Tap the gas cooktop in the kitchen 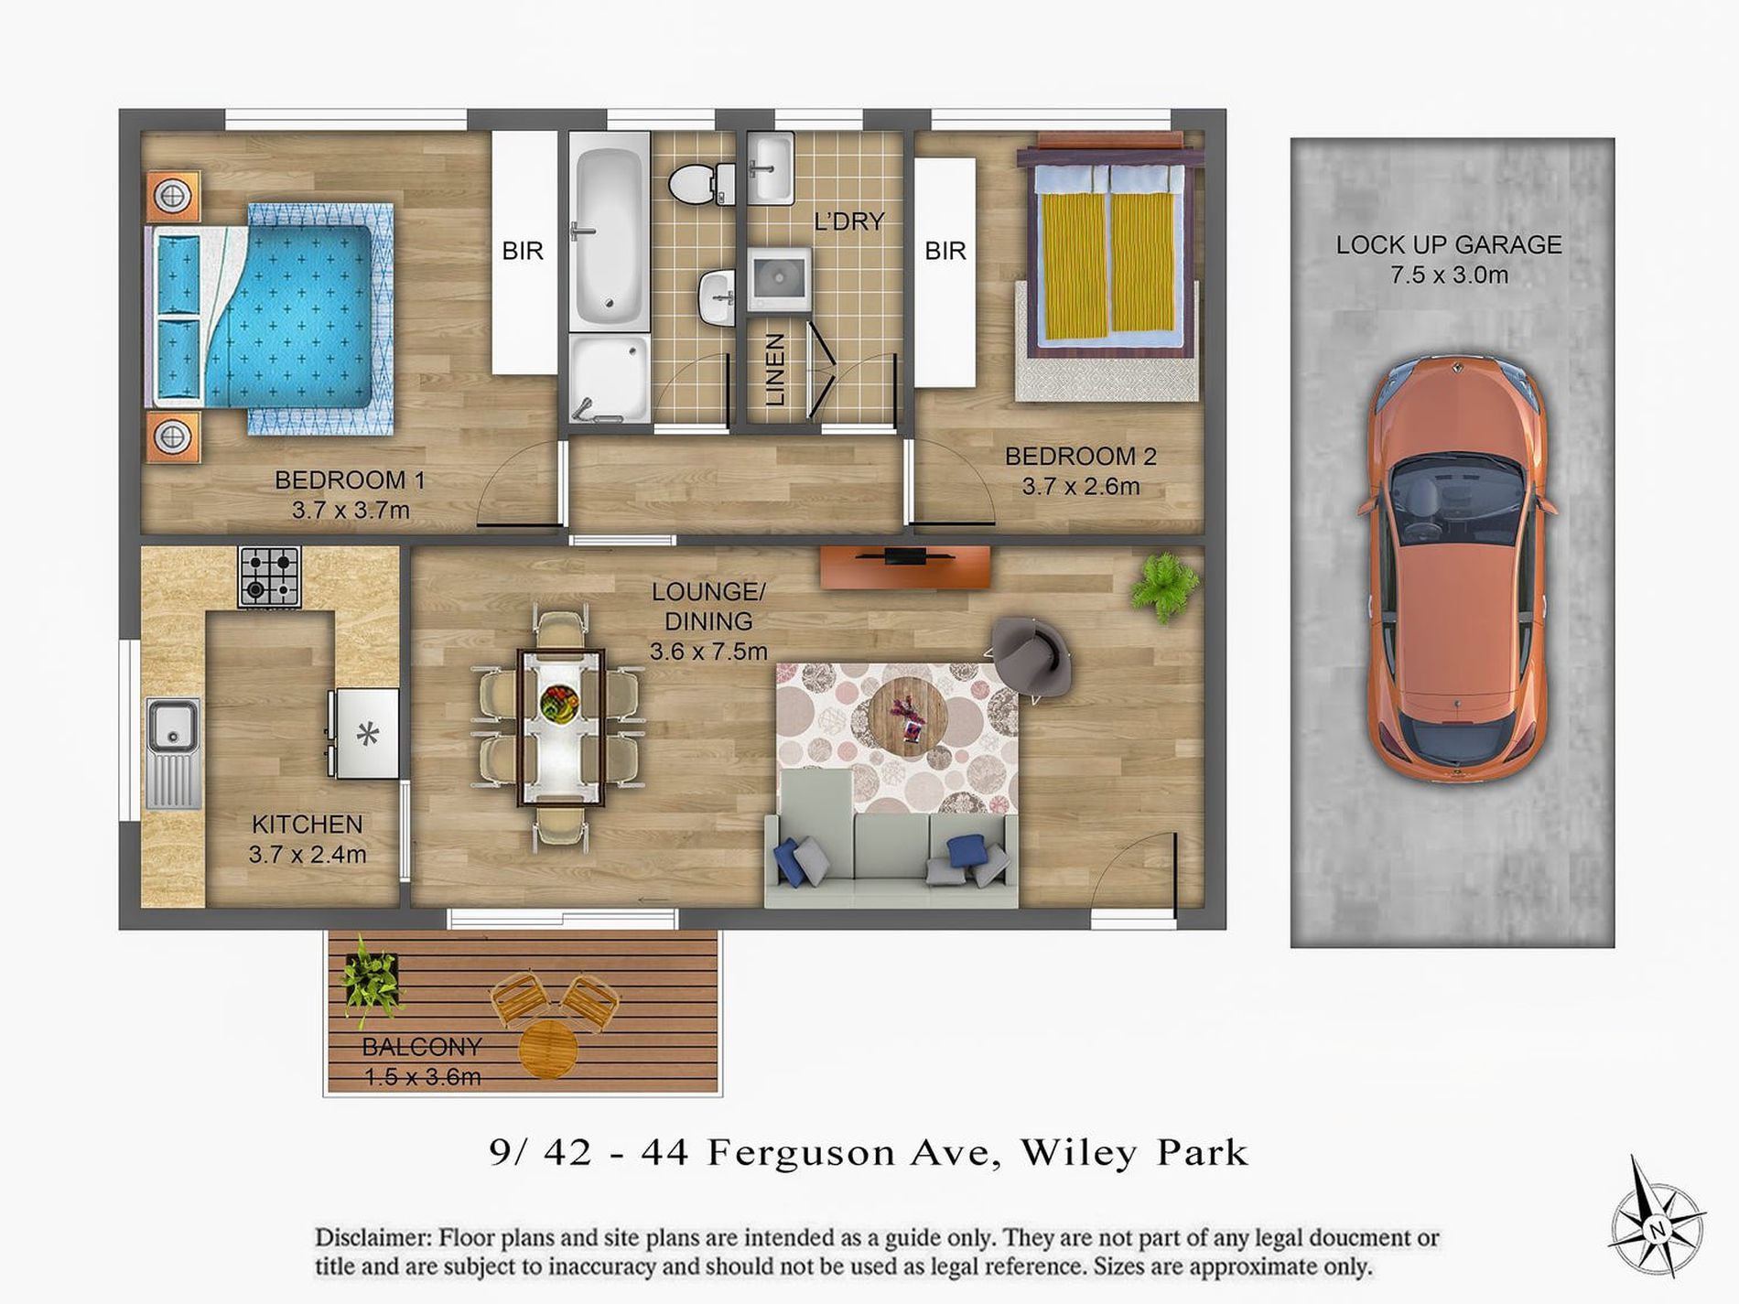tap(269, 577)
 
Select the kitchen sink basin tap(171, 726)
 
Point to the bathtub tap(609, 229)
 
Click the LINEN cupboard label tap(775, 369)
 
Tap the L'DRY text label tap(848, 221)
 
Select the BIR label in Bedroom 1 tap(523, 251)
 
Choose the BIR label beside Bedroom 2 tap(945, 251)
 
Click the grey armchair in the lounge tap(1032, 656)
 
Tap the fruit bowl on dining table tap(559, 706)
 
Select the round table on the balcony tap(547, 1051)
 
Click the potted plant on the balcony tap(371, 979)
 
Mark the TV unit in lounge tap(904, 566)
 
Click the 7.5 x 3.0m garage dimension tap(1448, 275)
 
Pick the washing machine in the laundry tap(777, 279)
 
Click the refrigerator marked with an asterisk tap(367, 733)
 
